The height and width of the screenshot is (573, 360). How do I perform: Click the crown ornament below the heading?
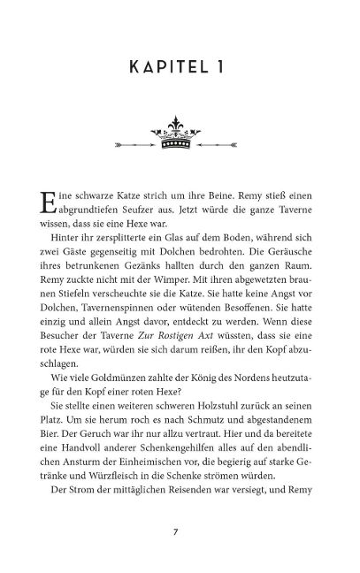coord(180,140)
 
